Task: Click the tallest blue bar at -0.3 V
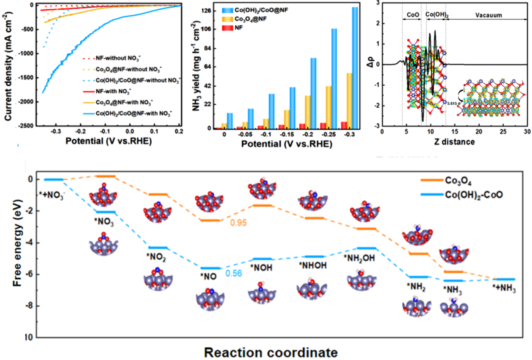pyautogui.click(x=355, y=68)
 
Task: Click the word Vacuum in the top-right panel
pyautogui.click(x=490, y=15)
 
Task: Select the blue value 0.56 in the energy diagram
pyautogui.click(x=234, y=273)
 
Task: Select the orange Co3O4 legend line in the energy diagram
pyautogui.click(x=430, y=180)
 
